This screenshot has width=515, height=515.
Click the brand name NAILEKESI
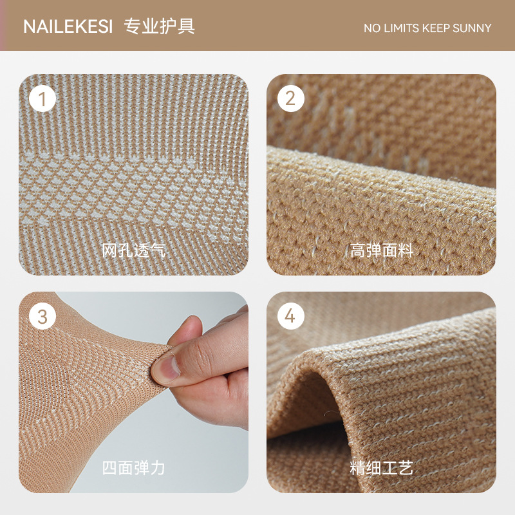[x=68, y=27]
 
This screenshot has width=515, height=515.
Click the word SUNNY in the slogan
[x=472, y=28]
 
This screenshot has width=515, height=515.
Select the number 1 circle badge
[x=43, y=99]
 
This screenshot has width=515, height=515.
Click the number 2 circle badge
[x=290, y=99]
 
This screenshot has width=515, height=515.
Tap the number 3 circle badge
[x=43, y=317]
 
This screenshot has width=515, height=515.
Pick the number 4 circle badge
[x=290, y=317]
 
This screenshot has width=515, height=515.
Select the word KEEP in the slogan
[x=438, y=28]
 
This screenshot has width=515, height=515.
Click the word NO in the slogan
[x=372, y=28]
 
